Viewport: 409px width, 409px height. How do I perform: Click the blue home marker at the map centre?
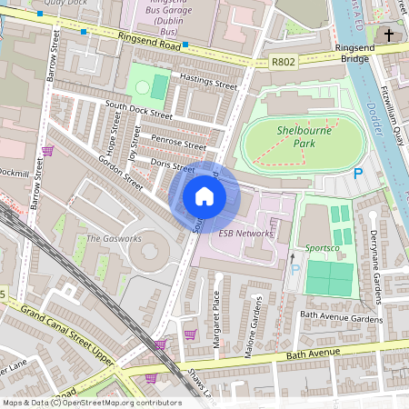tap(204, 195)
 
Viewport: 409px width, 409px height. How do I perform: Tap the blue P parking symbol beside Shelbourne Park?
tap(357, 173)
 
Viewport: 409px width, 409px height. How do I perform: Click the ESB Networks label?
tap(245, 234)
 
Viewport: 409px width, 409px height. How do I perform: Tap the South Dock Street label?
tap(138, 110)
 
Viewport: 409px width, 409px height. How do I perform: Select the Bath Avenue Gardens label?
tap(342, 318)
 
